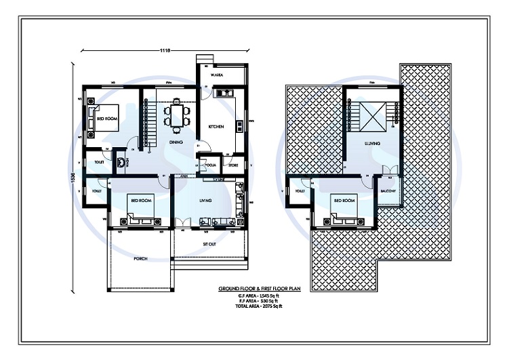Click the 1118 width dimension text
click(x=164, y=50)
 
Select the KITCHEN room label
click(x=216, y=127)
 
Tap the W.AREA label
click(x=218, y=75)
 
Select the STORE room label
click(x=233, y=164)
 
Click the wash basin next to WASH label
click(x=123, y=163)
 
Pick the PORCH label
click(x=140, y=258)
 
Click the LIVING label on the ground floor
click(x=206, y=201)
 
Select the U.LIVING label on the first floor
click(x=371, y=144)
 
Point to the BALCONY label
click(x=388, y=191)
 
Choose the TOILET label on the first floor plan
click(x=299, y=192)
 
